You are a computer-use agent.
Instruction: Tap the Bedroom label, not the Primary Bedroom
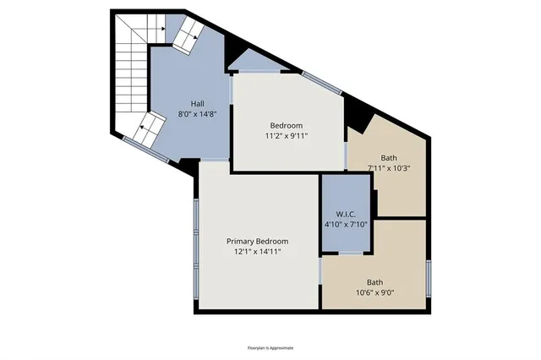[x=287, y=125]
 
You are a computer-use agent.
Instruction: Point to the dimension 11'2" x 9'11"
[x=287, y=135]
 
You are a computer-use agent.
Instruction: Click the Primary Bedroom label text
[x=257, y=241]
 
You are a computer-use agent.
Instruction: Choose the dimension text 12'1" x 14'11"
[x=257, y=251]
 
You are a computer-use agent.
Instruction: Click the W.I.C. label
[x=346, y=215]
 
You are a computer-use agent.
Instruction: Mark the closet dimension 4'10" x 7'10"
[x=346, y=225]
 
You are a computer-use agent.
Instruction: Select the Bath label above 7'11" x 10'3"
[x=389, y=157]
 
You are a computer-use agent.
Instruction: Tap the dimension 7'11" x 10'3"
[x=389, y=167]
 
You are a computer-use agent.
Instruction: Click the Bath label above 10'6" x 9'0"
[x=374, y=282]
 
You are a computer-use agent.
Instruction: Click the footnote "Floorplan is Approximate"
[x=270, y=347]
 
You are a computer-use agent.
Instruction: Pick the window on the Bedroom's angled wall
[x=319, y=82]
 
